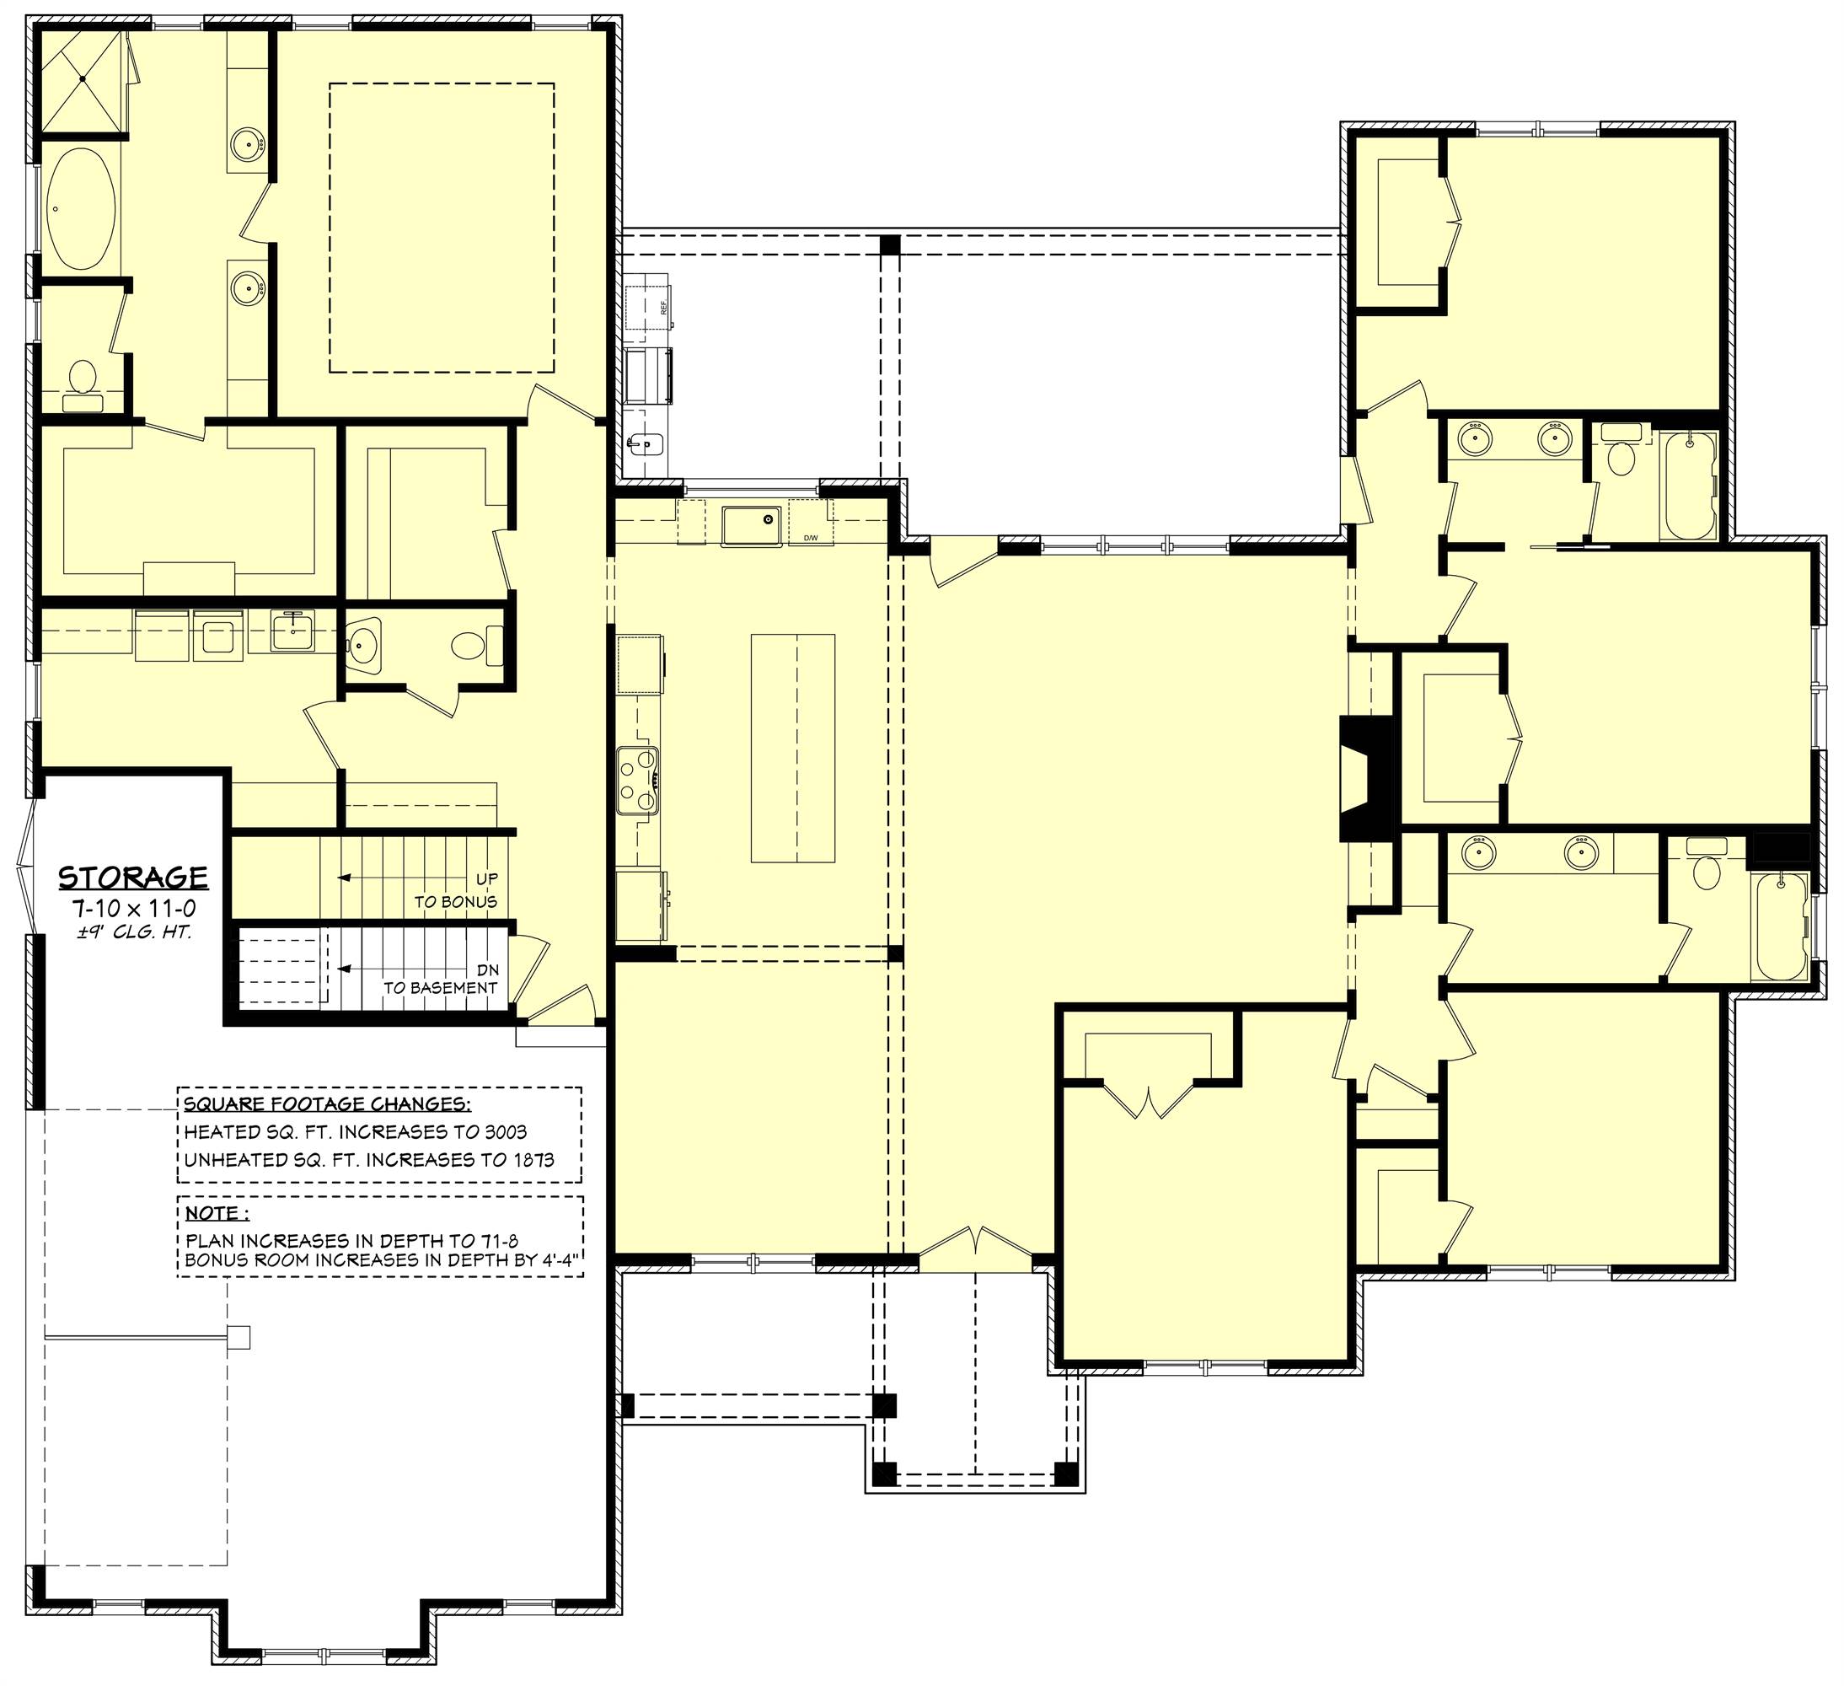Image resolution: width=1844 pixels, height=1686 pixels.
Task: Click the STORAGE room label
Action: pos(133,878)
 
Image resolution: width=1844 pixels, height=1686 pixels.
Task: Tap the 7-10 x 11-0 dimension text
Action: pos(133,910)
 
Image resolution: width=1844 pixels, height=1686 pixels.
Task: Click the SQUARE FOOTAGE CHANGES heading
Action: pos(328,1103)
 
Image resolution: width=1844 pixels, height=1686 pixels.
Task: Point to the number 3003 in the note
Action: pos(501,1132)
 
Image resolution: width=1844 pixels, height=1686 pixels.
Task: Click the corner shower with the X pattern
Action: pos(82,80)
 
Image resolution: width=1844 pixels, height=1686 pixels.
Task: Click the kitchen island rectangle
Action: pos(793,748)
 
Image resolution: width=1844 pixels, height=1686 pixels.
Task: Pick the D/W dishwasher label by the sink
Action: pos(811,538)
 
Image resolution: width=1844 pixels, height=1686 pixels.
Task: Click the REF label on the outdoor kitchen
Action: pos(664,308)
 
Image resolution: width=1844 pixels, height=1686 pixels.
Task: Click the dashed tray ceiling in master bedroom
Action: pos(442,228)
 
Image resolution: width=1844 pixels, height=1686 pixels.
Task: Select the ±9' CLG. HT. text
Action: pos(133,935)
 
